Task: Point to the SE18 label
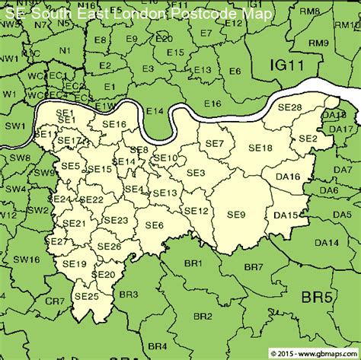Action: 260,148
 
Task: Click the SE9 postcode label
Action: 236,215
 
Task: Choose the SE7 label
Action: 216,143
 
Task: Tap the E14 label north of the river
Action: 155,111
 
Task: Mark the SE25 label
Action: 87,295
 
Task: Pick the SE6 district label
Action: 155,225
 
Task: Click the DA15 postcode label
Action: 286,215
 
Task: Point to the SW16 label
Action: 26,260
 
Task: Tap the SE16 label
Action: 113,124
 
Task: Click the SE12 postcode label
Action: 196,211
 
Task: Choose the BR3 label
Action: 129,294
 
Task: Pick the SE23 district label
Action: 116,220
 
